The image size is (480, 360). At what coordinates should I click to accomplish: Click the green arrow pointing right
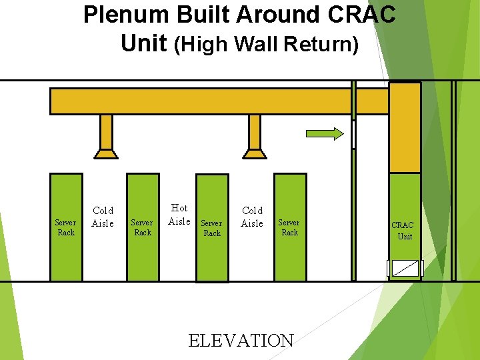pos(325,133)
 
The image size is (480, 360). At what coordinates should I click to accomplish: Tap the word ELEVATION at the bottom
pos(241,340)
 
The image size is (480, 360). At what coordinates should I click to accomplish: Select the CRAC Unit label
pos(403,231)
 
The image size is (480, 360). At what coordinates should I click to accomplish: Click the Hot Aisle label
pos(179,215)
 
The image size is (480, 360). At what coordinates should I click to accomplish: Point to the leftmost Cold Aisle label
pos(103,217)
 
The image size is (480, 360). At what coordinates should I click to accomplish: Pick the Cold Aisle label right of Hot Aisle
pos(252,217)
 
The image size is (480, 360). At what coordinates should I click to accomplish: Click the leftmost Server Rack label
pos(65,227)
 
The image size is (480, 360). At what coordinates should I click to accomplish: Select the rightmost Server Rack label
pos(289,227)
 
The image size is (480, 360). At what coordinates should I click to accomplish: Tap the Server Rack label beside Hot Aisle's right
pos(211,228)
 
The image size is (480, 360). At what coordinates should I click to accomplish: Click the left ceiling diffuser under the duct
pos(106,153)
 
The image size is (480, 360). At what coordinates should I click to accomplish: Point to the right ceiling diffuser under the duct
pos(254,153)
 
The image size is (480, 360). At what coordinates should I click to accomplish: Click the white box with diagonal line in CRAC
pos(405,267)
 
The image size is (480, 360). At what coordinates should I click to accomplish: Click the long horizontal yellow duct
pos(200,101)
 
